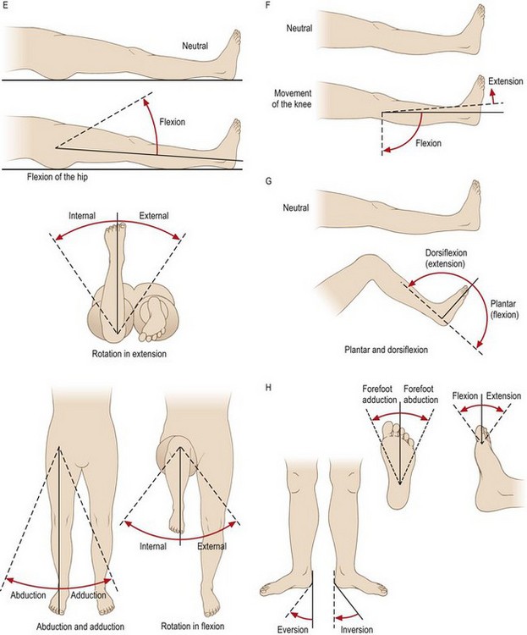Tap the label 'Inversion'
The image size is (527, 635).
(354, 627)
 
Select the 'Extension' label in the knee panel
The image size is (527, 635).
(505, 82)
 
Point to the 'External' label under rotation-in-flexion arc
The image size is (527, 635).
(212, 546)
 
